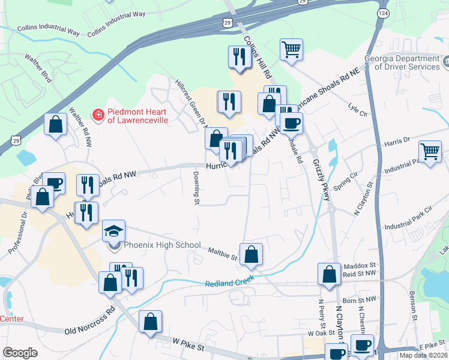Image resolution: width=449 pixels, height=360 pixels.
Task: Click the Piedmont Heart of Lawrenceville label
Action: pos(137,116)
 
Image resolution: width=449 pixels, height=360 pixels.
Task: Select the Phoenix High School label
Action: pos(154,245)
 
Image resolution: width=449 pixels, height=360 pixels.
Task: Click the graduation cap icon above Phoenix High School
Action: pos(113,231)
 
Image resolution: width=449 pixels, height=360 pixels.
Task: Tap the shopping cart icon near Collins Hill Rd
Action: pos(291,50)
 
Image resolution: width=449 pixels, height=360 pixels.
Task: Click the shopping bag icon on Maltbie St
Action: pos(252,254)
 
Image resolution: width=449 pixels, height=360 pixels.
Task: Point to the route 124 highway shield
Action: pos(383,13)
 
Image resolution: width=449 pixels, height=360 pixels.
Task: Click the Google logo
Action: pos(19,353)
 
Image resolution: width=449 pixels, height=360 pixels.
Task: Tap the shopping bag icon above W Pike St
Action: pos(150,322)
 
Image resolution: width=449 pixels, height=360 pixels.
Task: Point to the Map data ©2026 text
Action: pos(423,355)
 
